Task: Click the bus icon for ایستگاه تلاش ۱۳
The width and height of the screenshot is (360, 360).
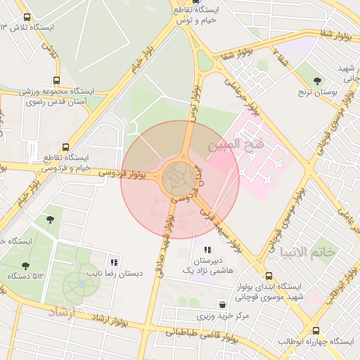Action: (27, 17)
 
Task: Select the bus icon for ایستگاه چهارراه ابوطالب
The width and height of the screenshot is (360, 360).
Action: (316, 330)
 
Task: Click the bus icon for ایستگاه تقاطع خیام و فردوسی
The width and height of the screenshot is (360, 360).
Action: (65, 148)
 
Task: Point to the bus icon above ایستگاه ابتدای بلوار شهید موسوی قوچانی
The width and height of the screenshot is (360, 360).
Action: (269, 276)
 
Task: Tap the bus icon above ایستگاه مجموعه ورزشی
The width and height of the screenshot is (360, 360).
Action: (56, 81)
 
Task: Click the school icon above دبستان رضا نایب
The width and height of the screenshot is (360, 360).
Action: (114, 262)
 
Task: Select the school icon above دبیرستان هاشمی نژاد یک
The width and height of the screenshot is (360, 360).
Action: (207, 250)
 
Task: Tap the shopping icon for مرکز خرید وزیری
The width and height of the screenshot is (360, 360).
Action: (223, 305)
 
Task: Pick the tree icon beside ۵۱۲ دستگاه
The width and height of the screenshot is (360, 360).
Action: (26, 266)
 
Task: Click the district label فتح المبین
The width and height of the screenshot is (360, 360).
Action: (234, 145)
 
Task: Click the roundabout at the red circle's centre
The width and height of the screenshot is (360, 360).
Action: (180, 179)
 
